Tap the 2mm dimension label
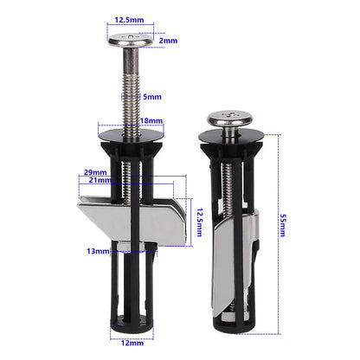pos(168,40)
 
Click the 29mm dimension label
pos(97,173)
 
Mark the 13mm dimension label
pos(98,252)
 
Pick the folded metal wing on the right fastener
pos(236,260)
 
